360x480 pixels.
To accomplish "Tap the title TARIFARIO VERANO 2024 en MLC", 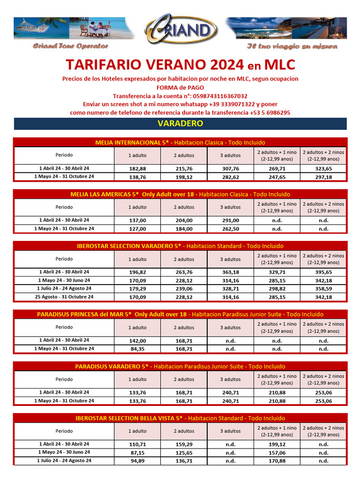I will pyautogui.click(x=180, y=64).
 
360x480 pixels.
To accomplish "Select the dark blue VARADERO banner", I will pyautogui.click(x=180, y=124).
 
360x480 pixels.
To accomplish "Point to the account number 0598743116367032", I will pyautogui.click(x=216, y=96).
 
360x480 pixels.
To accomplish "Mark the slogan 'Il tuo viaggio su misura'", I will pyautogui.click(x=292, y=46).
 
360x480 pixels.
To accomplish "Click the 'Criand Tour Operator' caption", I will pyautogui.click(x=70, y=46).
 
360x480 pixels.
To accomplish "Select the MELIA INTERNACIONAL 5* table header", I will pyautogui.click(x=180, y=142).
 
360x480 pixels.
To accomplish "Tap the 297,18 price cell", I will pyautogui.click(x=323, y=177).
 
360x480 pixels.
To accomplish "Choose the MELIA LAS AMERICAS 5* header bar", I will pyautogui.click(x=180, y=194).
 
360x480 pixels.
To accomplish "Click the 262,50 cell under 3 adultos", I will pyautogui.click(x=230, y=229).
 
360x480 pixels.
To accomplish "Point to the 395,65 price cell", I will pyautogui.click(x=323, y=272).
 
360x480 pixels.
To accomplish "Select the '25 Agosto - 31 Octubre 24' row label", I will pyautogui.click(x=64, y=297).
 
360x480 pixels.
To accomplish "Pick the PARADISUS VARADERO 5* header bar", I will pyautogui.click(x=180, y=366).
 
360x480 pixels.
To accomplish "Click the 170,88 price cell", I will pyautogui.click(x=277, y=461).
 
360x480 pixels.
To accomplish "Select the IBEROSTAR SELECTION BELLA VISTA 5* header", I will pyautogui.click(x=180, y=418).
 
